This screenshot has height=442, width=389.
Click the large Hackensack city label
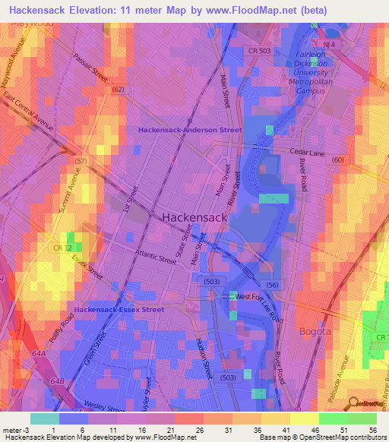point(194,217)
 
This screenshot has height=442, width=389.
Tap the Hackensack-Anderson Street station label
point(190,130)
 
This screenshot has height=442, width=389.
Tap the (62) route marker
point(118,89)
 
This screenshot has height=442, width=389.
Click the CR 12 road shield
point(62,248)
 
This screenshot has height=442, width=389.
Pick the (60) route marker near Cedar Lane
point(337,159)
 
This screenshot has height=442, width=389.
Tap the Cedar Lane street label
point(307,152)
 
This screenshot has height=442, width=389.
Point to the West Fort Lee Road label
point(259,296)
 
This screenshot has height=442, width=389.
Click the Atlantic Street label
point(155,258)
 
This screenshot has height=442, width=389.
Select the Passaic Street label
point(90,68)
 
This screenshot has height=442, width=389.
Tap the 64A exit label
point(38,353)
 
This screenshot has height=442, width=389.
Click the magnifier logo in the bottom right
point(354,403)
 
